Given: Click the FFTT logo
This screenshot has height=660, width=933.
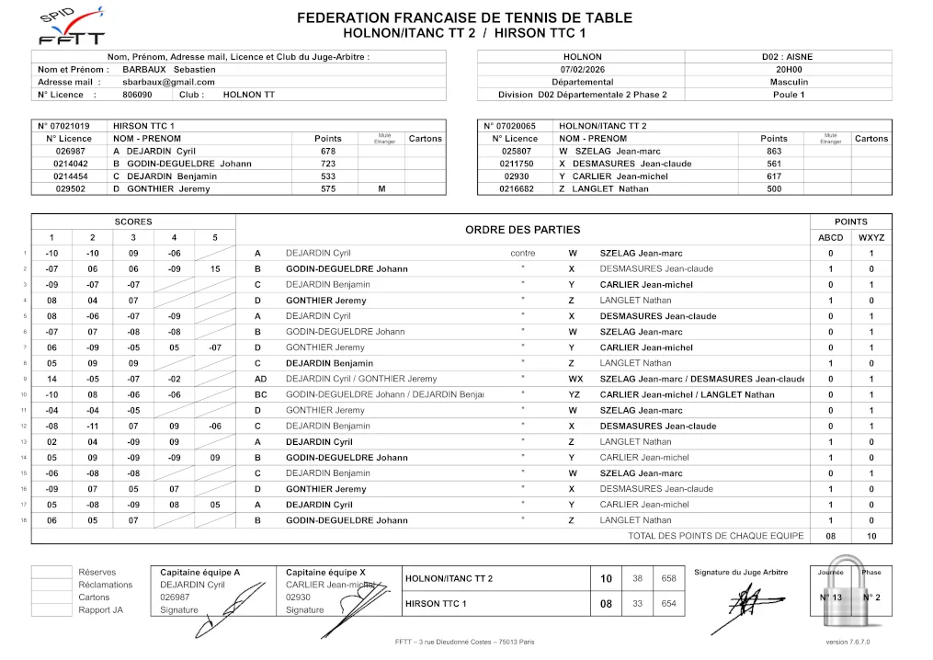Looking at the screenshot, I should pyautogui.click(x=72, y=29).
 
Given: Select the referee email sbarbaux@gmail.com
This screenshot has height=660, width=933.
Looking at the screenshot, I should pyautogui.click(x=168, y=82).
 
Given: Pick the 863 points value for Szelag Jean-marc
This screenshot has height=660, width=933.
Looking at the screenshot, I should pyautogui.click(x=774, y=151).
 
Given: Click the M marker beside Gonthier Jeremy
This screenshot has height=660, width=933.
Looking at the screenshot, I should pyautogui.click(x=381, y=189).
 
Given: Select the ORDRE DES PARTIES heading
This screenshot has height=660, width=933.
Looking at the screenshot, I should pyautogui.click(x=522, y=230).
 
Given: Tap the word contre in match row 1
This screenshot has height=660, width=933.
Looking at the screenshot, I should pyautogui.click(x=522, y=254).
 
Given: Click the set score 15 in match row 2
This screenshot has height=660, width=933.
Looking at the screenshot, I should pyautogui.click(x=215, y=269).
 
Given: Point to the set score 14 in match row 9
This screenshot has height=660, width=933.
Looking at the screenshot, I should pyautogui.click(x=52, y=379).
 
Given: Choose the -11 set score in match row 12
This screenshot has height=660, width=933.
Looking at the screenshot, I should pyautogui.click(x=93, y=427).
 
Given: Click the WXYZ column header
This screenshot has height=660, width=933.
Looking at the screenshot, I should pyautogui.click(x=870, y=237).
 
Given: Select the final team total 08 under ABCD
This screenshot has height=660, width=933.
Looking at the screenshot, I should pyautogui.click(x=830, y=536).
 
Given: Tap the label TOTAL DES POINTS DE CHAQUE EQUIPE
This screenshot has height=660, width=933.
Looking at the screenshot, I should pyautogui.click(x=715, y=536).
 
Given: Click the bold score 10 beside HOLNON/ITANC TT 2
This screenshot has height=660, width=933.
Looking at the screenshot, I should pyautogui.click(x=606, y=578).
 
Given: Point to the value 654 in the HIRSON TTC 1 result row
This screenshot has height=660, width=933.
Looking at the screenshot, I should pyautogui.click(x=668, y=604).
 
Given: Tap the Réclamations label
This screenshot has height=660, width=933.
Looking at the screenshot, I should pyautogui.click(x=105, y=585).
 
